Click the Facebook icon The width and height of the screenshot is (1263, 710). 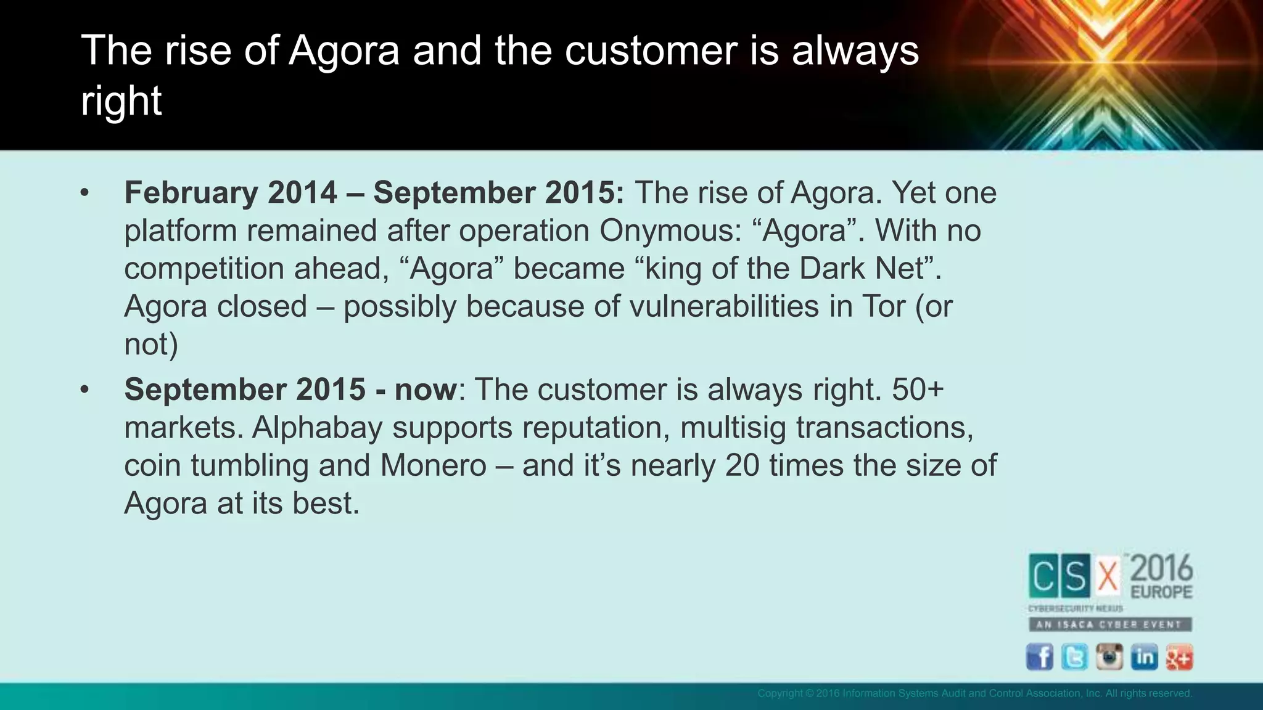[x=1040, y=657]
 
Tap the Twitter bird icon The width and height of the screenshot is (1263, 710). [x=1075, y=657]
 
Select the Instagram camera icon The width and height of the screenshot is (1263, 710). [x=1109, y=657]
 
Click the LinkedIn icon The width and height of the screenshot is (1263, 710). [x=1144, y=657]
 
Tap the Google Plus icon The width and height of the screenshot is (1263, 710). [x=1179, y=657]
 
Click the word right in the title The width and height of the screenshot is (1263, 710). [x=121, y=102]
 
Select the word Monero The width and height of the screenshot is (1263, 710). [x=433, y=465]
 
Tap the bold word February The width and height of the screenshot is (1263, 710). [x=191, y=193]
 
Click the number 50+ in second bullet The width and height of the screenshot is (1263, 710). [x=918, y=390]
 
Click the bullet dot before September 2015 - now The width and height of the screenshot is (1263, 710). [x=84, y=390]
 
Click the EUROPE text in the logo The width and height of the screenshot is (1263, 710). [x=1161, y=592]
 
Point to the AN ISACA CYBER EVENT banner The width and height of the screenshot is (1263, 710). [x=1109, y=624]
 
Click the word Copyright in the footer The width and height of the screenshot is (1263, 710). [x=780, y=693]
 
